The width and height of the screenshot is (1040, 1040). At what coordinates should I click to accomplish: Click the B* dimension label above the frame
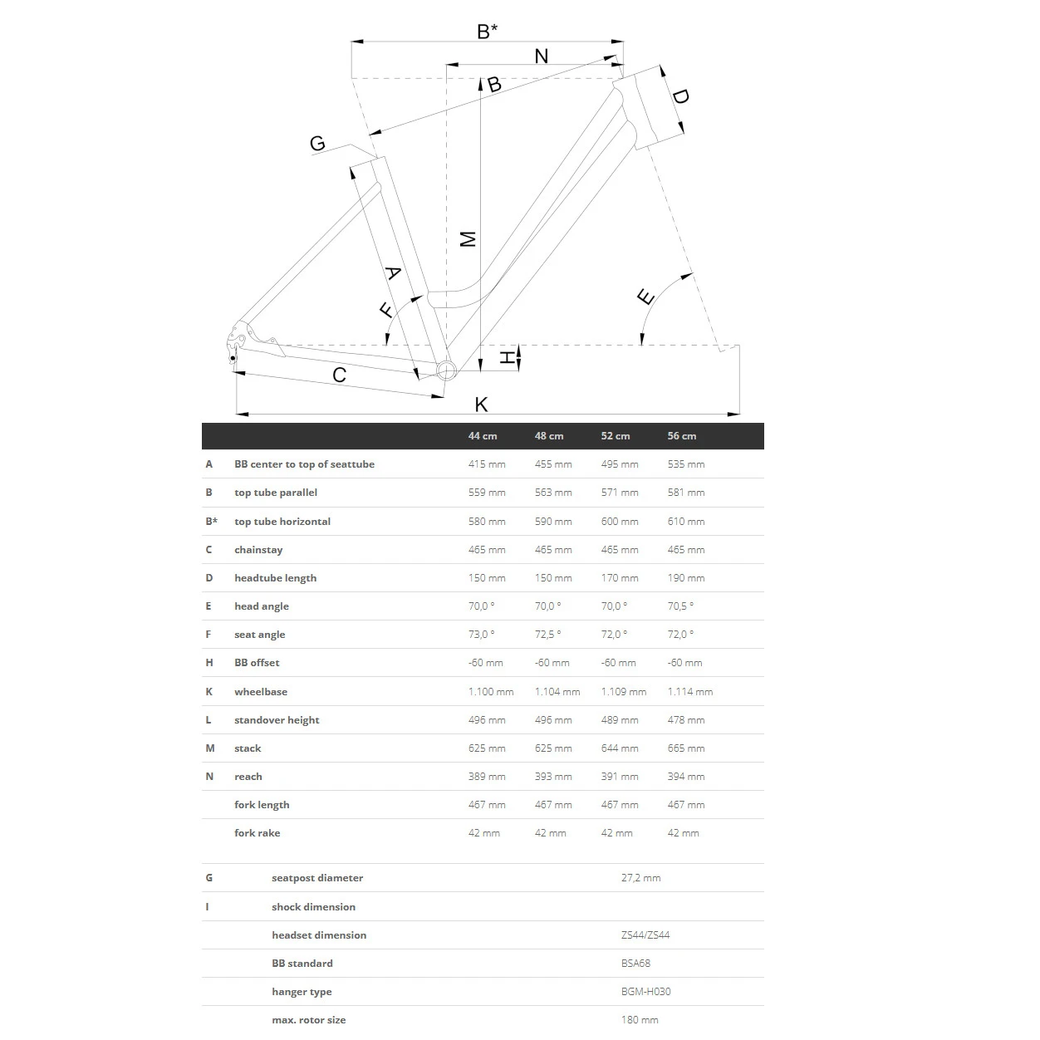point(488,32)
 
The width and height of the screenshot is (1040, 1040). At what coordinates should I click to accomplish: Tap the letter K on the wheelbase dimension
point(481,405)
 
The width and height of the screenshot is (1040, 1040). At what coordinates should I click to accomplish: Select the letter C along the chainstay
point(339,375)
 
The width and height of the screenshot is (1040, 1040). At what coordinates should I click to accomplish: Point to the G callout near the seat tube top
point(317,144)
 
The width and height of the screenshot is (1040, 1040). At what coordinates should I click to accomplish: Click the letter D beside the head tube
point(680,96)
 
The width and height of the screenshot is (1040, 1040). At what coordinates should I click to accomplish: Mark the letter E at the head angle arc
point(645,297)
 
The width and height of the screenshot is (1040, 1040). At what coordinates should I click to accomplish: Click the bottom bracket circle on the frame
point(446,370)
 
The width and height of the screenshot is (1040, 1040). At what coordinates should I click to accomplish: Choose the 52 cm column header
point(616,436)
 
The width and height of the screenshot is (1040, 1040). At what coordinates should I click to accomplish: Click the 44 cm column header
point(483,436)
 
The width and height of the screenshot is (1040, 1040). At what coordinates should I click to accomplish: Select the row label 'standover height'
point(277,720)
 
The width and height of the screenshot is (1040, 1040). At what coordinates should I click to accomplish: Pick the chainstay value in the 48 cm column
point(553,550)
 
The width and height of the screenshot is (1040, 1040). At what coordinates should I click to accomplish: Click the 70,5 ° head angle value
point(680,606)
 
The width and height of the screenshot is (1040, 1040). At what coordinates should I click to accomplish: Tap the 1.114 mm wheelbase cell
point(690,692)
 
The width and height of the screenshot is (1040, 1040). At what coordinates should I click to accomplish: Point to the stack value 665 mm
point(686,748)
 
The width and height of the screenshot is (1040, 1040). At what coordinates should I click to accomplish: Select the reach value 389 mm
point(487,777)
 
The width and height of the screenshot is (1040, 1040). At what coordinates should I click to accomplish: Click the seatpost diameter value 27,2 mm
point(640,878)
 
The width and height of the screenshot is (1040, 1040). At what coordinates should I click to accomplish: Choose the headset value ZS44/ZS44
point(645,935)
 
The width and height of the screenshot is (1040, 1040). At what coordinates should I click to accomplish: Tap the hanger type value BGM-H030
point(645,992)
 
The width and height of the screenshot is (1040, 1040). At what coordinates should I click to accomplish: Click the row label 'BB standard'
point(302,964)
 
